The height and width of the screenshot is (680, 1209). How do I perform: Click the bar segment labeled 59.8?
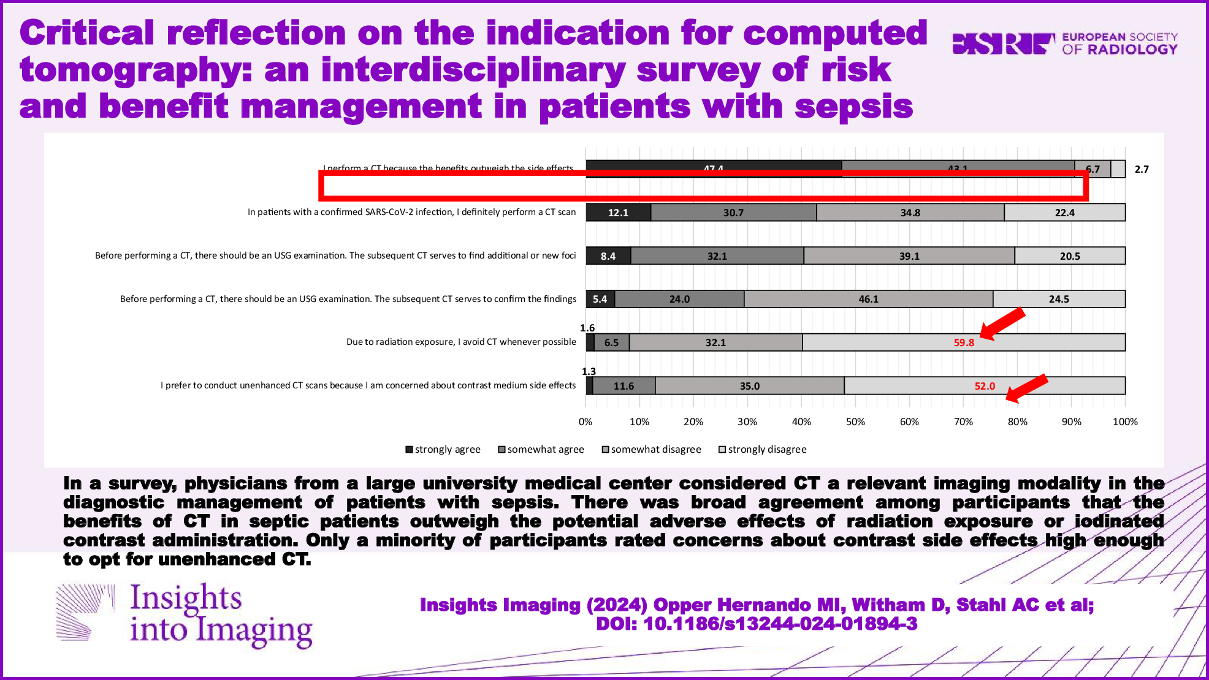[963, 342]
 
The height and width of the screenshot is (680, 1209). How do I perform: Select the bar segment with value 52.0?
[985, 386]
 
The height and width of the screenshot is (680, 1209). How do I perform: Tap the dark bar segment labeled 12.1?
[618, 213]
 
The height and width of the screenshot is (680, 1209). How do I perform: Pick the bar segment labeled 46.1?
[868, 299]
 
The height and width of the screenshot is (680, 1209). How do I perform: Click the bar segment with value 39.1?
[909, 256]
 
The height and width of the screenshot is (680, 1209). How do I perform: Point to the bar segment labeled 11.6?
[624, 386]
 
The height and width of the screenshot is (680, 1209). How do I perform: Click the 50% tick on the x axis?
[855, 421]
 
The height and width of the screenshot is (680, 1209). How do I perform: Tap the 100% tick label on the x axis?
[1125, 421]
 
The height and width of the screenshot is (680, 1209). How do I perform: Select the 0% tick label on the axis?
[585, 421]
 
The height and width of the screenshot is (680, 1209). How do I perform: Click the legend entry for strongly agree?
[443, 450]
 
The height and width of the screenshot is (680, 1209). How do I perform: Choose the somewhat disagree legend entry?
[651, 450]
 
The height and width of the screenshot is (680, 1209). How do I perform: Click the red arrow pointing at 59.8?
[1003, 323]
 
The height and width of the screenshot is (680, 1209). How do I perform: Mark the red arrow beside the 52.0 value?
[1027, 389]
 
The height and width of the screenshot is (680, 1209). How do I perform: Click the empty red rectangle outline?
[703, 186]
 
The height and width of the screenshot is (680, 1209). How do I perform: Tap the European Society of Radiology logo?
[1065, 43]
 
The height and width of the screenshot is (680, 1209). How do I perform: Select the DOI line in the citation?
[757, 624]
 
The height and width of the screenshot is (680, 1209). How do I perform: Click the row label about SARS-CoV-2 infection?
[411, 212]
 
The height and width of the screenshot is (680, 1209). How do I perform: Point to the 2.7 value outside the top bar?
[1142, 169]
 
